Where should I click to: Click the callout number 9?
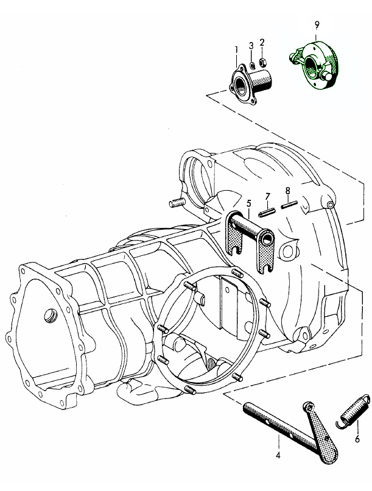(317, 25)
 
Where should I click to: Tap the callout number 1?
(236, 49)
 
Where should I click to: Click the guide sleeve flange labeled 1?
(250, 84)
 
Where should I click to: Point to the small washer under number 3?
(252, 65)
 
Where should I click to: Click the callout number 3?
(251, 46)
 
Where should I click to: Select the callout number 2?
(262, 42)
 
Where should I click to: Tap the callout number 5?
(249, 203)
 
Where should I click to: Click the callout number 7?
(267, 197)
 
